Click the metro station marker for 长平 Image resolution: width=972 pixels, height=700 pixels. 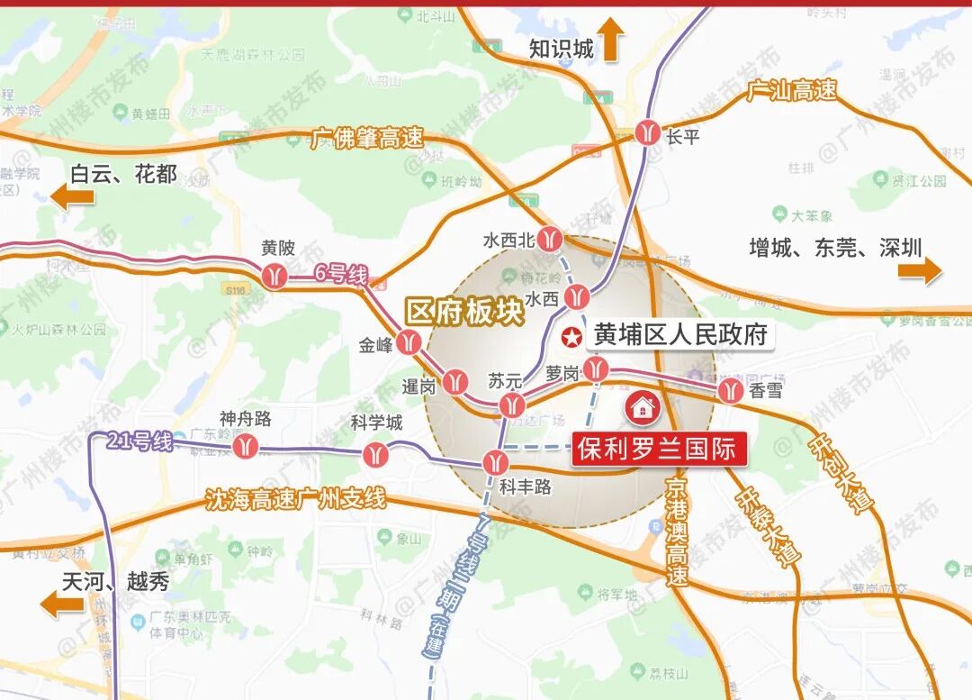pyautogui.click(x=648, y=132)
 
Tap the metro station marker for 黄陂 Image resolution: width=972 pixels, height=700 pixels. pyautogui.click(x=275, y=276)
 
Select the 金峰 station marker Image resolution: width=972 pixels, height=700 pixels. pyautogui.click(x=409, y=342)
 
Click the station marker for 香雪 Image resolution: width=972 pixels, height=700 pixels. pyautogui.click(x=731, y=390)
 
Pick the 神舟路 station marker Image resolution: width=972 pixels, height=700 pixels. pyautogui.click(x=246, y=445)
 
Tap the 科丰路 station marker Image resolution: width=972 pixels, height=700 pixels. pyautogui.click(x=495, y=463)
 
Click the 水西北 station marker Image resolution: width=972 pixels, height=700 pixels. pyautogui.click(x=551, y=240)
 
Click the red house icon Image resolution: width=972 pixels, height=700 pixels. pyautogui.click(x=643, y=407)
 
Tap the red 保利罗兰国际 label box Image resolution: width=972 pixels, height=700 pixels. pyautogui.click(x=660, y=449)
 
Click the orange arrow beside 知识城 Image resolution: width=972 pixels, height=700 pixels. pyautogui.click(x=611, y=41)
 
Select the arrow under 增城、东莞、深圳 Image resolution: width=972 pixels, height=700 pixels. pyautogui.click(x=919, y=269)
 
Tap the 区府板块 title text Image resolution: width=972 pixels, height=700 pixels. pyautogui.click(x=463, y=312)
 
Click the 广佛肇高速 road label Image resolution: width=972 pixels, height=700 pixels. pyautogui.click(x=367, y=139)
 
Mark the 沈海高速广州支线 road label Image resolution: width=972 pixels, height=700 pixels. pyautogui.click(x=295, y=498)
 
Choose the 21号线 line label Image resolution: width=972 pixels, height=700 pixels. pyautogui.click(x=139, y=441)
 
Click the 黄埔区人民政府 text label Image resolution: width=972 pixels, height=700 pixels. pyautogui.click(x=680, y=336)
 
